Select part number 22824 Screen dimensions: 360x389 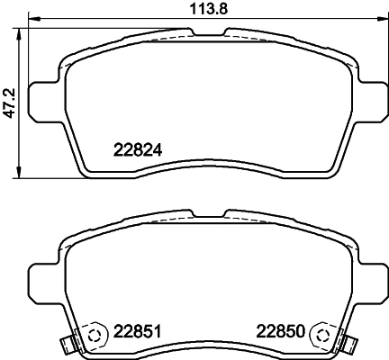click(x=137, y=150)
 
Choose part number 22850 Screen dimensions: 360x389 click(x=280, y=329)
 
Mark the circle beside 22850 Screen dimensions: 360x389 click(x=319, y=334)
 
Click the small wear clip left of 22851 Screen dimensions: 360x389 click(x=64, y=343)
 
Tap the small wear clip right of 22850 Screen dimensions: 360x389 click(x=348, y=343)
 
